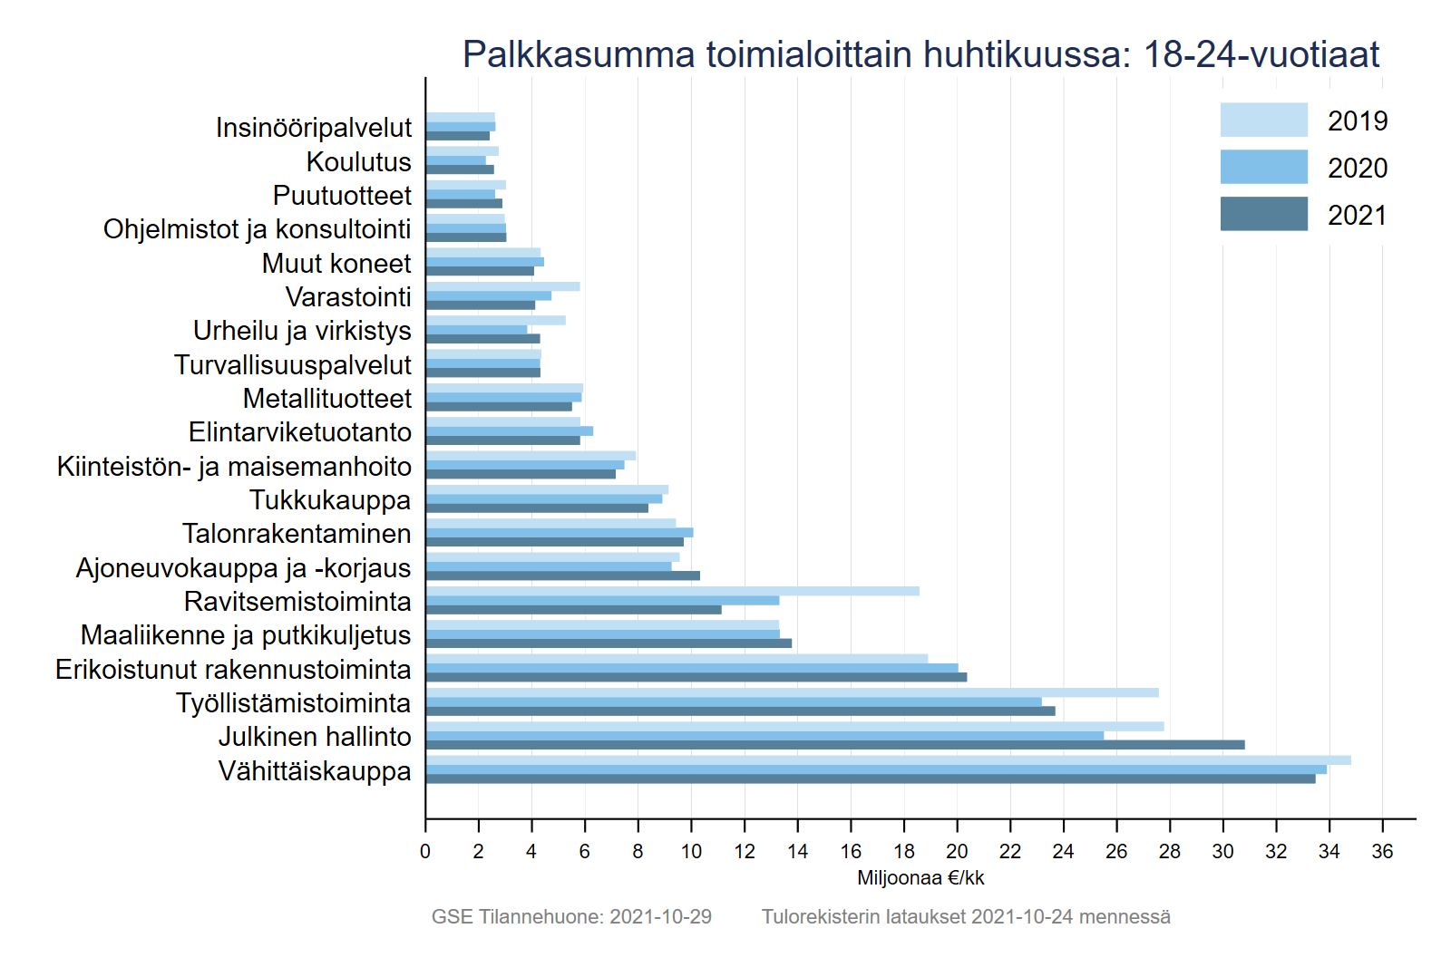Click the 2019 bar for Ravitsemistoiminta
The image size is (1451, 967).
(x=671, y=591)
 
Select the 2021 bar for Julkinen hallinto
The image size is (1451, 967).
(x=834, y=745)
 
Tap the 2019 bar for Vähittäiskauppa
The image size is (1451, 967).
(x=887, y=760)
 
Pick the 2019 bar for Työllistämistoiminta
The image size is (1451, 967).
(x=791, y=692)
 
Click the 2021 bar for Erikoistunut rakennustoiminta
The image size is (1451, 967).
(x=696, y=677)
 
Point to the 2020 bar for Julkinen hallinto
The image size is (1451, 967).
(x=764, y=736)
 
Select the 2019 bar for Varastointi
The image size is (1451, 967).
(x=502, y=286)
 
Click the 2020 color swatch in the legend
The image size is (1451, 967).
(x=1263, y=167)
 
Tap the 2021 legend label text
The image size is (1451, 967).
(x=1357, y=215)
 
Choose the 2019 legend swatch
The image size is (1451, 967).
(x=1263, y=120)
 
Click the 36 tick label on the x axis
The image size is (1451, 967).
(x=1382, y=851)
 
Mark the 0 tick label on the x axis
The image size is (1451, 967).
(x=425, y=851)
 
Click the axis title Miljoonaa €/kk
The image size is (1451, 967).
(x=920, y=877)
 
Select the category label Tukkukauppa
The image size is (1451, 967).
(x=330, y=500)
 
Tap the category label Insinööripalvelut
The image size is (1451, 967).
(x=314, y=128)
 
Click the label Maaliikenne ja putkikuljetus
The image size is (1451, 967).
(x=246, y=635)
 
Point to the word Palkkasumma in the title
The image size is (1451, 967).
(x=577, y=54)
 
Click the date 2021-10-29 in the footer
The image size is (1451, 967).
(x=660, y=916)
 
